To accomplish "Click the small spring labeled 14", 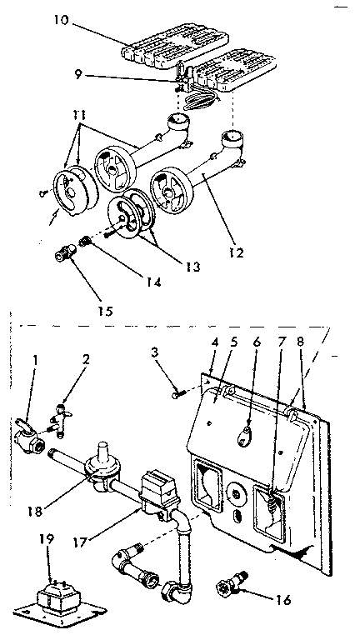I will click(85, 242).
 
